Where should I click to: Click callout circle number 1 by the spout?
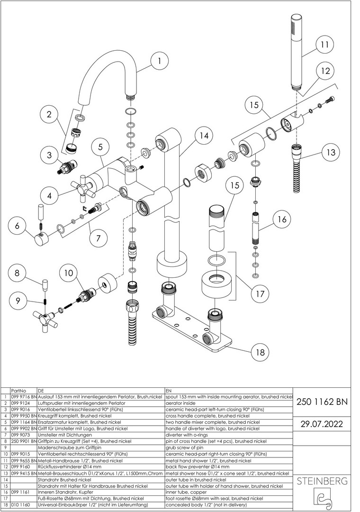(x=159, y=61)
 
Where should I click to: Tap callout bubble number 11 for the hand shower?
(x=324, y=45)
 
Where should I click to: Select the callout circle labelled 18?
(x=259, y=352)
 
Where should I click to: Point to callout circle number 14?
(x=203, y=136)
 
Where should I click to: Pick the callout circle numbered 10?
(x=69, y=274)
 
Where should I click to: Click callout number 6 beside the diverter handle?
(x=18, y=226)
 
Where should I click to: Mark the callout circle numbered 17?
(x=260, y=293)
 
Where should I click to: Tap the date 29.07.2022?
(x=322, y=423)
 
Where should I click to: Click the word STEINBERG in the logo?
(x=322, y=482)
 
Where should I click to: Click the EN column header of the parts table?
(x=169, y=390)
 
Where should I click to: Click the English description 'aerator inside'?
(x=180, y=403)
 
